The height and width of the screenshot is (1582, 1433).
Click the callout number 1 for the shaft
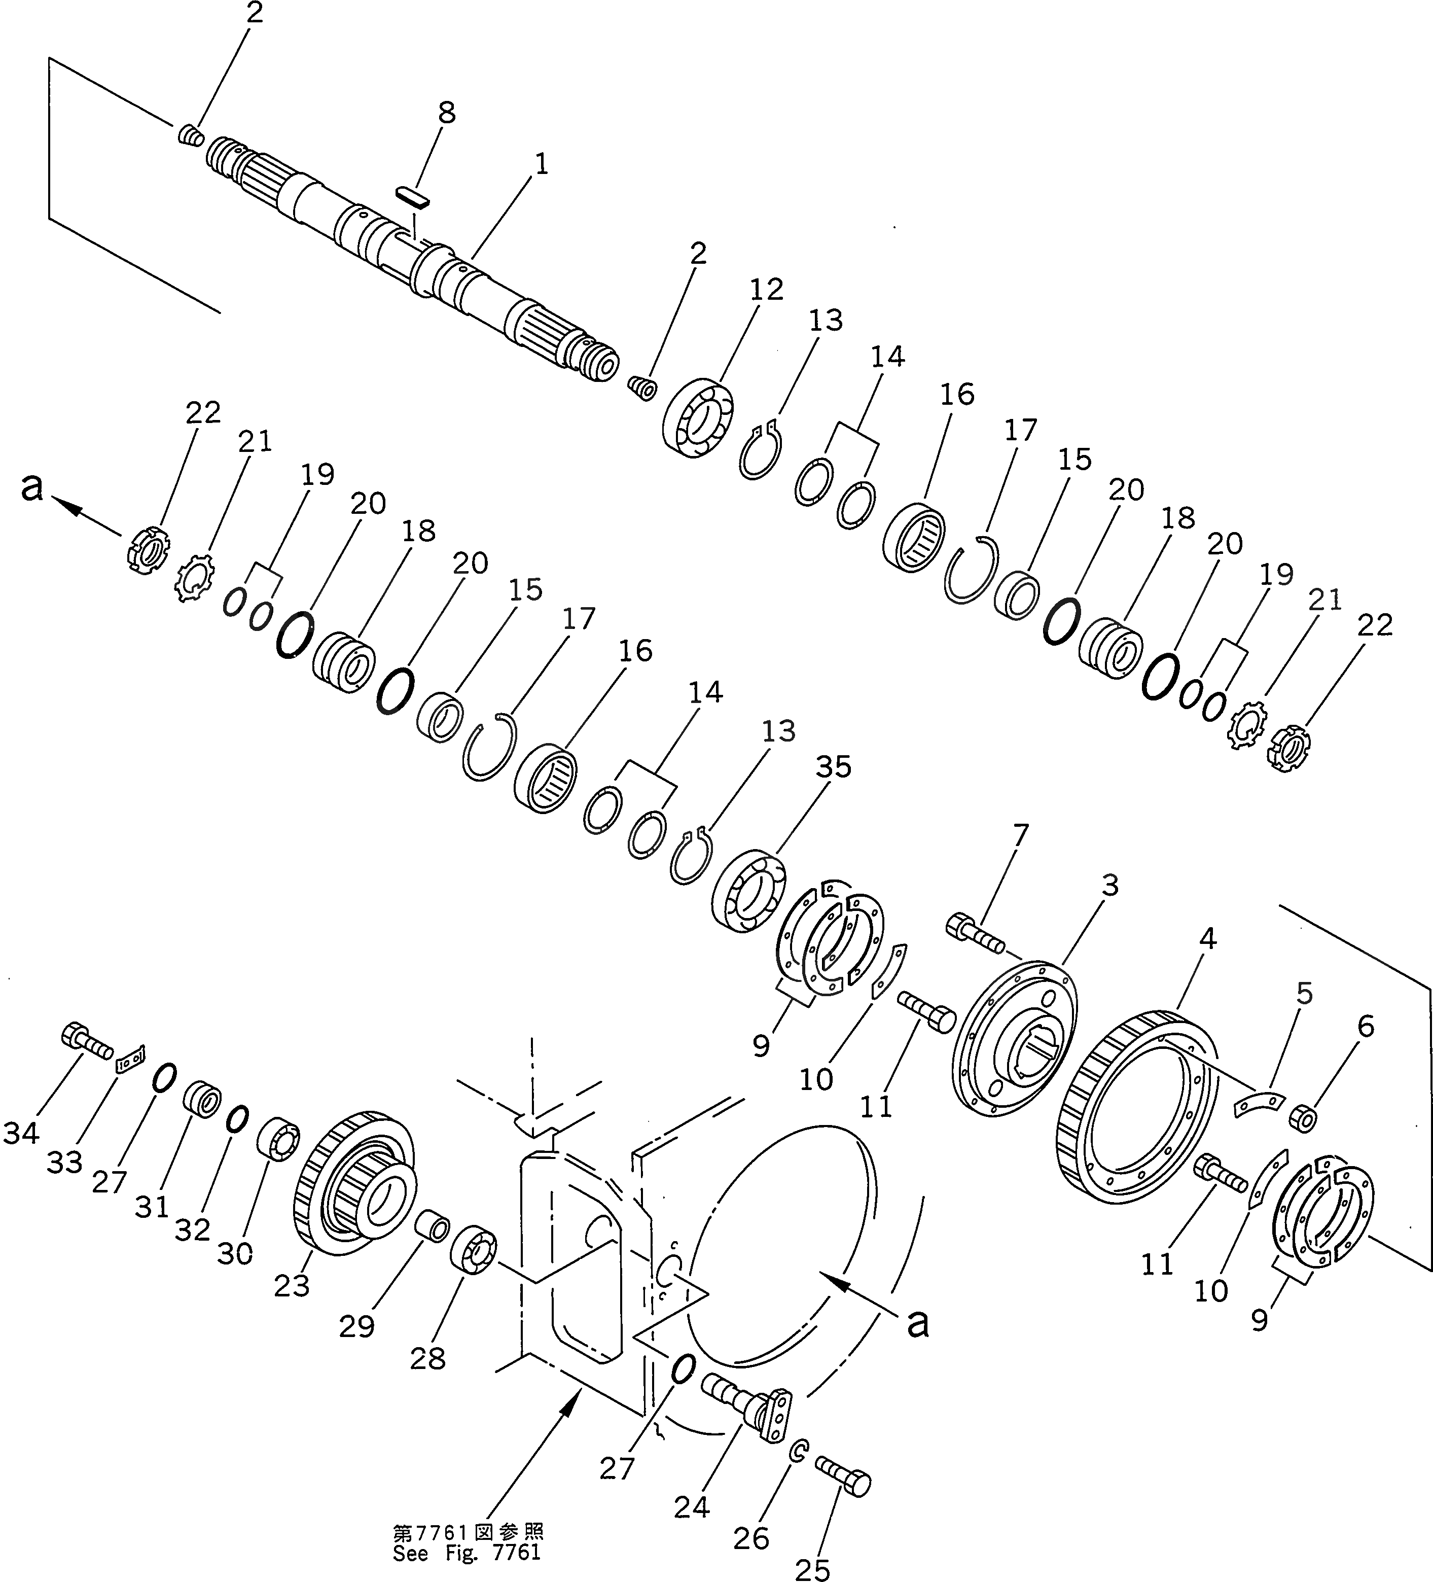pyautogui.click(x=541, y=164)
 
